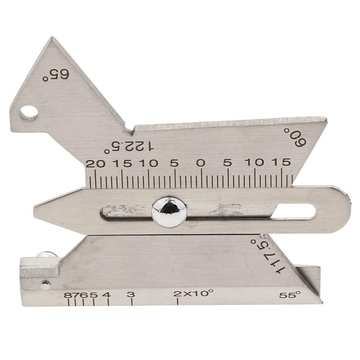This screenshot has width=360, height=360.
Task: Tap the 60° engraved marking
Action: tap(295, 137)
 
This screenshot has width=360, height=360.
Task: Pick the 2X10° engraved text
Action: tap(193, 293)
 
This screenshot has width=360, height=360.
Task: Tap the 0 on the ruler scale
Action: tap(201, 163)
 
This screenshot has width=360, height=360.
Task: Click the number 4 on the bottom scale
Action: tap(107, 295)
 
